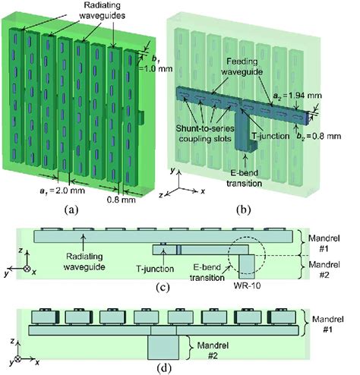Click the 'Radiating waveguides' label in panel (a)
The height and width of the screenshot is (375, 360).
(x=102, y=11)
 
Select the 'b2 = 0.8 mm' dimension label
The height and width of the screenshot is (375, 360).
(x=319, y=136)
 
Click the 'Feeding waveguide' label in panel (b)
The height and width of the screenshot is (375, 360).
(x=242, y=67)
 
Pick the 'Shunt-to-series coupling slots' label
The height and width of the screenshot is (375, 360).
(x=205, y=134)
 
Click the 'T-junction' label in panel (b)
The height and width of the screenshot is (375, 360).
(x=270, y=136)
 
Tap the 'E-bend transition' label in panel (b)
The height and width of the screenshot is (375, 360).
(x=244, y=178)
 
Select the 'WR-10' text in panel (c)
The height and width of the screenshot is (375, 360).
(x=247, y=285)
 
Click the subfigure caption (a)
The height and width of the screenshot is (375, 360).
(x=71, y=210)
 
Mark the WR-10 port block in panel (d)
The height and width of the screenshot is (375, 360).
(x=163, y=348)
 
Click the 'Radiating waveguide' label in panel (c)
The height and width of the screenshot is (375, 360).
(x=84, y=262)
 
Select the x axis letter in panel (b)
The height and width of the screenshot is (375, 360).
(x=203, y=191)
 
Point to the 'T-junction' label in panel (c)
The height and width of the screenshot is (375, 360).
(x=155, y=269)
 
